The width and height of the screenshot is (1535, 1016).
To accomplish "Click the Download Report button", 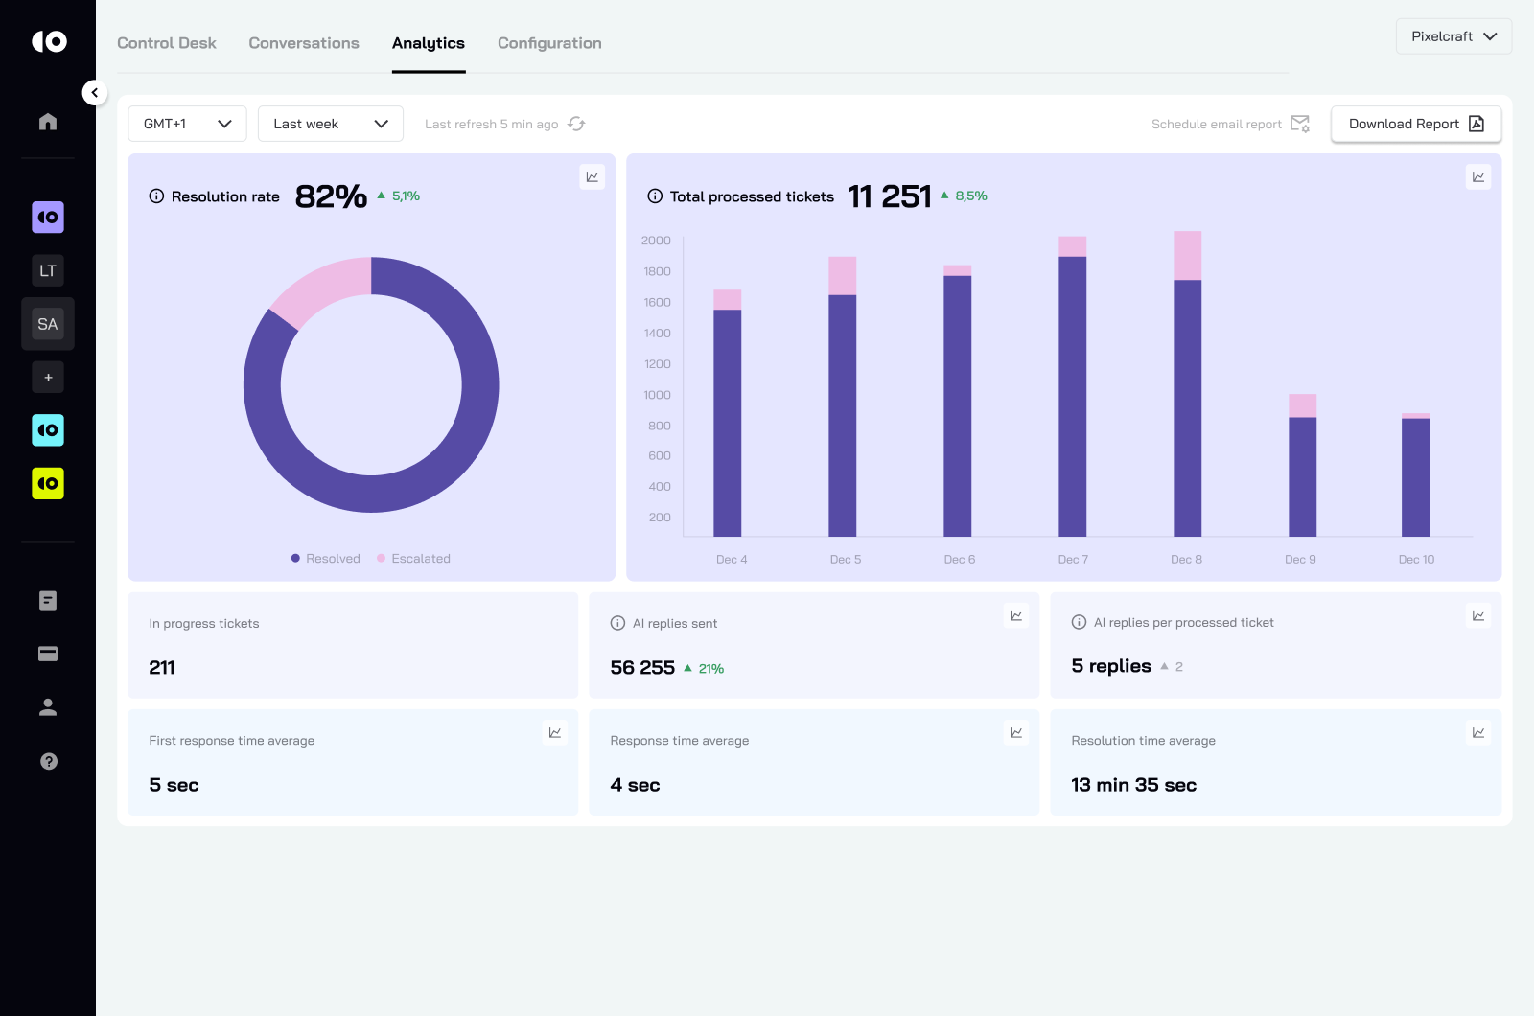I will pyautogui.click(x=1415, y=124).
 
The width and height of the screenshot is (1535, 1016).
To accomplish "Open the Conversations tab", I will pyautogui.click(x=304, y=43).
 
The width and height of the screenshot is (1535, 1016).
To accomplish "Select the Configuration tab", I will pyautogui.click(x=549, y=43).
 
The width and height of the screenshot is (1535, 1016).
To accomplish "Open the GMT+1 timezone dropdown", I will pyautogui.click(x=188, y=124).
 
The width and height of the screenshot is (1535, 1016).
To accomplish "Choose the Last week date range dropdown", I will pyautogui.click(x=330, y=124).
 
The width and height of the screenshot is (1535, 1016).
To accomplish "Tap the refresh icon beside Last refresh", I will pyautogui.click(x=576, y=124).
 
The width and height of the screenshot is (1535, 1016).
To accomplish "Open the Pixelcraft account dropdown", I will pyautogui.click(x=1454, y=36).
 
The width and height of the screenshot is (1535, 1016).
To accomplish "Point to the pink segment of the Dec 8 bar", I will pyautogui.click(x=1187, y=255).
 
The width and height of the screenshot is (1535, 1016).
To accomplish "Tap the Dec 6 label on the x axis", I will pyautogui.click(x=959, y=560).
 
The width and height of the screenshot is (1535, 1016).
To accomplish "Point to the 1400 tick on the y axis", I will pyautogui.click(x=658, y=334).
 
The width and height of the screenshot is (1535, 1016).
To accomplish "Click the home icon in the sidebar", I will pyautogui.click(x=48, y=122).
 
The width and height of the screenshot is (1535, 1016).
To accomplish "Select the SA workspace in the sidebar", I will pyautogui.click(x=48, y=324).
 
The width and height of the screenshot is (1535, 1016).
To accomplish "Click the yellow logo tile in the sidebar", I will pyautogui.click(x=48, y=484).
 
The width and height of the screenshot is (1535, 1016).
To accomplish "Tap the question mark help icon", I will pyautogui.click(x=49, y=761).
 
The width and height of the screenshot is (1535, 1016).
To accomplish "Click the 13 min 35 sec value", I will pyautogui.click(x=1133, y=785).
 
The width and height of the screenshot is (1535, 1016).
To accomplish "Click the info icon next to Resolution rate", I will pyautogui.click(x=156, y=196).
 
